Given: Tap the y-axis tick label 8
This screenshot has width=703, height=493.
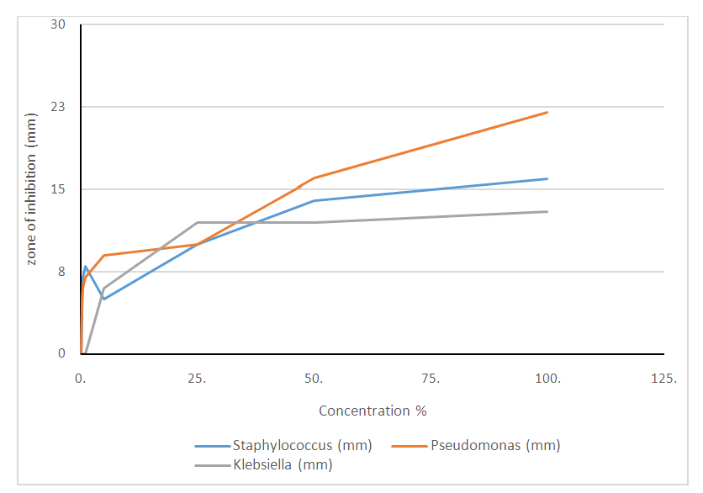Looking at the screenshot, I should tap(61, 272).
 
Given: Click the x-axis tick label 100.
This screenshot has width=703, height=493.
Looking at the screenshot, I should tap(548, 379).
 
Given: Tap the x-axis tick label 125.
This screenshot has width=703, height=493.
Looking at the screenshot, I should tap(664, 379).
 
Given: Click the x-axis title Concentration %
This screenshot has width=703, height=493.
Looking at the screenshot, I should tap(373, 411).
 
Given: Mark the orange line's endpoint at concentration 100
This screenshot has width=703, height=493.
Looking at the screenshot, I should tap(547, 112).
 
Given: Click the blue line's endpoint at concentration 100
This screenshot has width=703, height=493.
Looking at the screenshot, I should tap(547, 178).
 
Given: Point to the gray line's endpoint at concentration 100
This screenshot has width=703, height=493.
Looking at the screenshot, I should tap(547, 211).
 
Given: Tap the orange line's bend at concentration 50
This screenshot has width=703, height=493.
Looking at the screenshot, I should tap(314, 178).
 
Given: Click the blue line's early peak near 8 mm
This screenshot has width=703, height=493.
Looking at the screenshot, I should tap(86, 266).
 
